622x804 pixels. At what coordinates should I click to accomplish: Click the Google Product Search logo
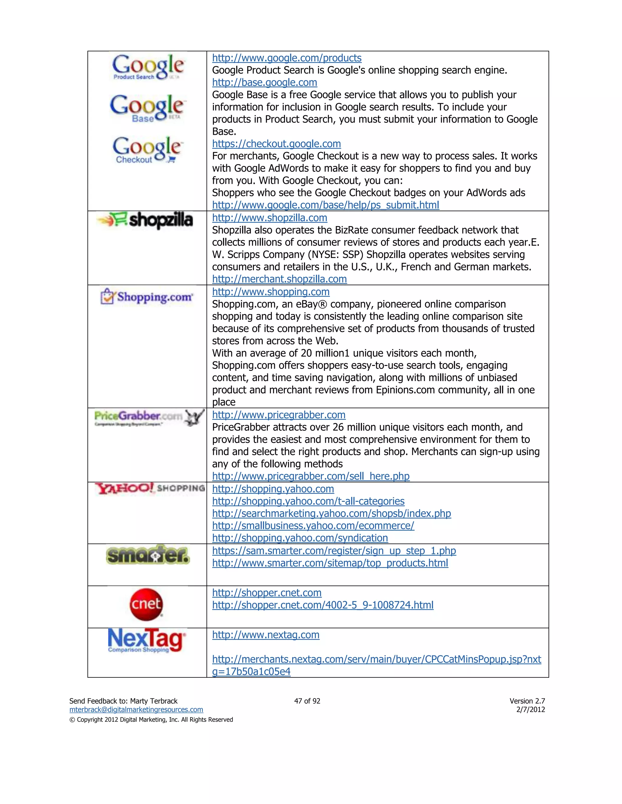pos(148,67)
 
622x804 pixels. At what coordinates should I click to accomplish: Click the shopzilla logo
pos(145,220)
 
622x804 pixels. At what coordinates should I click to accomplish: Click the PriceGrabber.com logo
pos(149,417)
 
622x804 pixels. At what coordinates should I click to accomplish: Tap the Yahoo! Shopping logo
pos(150,488)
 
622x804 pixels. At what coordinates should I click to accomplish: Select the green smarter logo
pos(148,555)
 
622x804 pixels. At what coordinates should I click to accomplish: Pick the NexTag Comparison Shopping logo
pos(147,640)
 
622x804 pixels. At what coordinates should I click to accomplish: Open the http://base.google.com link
pos(264,83)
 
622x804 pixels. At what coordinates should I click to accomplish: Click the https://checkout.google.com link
pos(276,144)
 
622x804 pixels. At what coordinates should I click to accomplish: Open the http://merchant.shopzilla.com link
pos(279,279)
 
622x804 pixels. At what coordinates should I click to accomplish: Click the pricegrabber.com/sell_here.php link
pos(311,476)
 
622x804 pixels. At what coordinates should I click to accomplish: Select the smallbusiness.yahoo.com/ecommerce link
pos(313,526)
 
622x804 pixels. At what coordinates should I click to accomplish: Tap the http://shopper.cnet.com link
pos(267,593)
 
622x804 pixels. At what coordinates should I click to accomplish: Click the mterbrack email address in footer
pos(136,709)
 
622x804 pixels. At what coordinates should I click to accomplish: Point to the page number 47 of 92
pos(307,701)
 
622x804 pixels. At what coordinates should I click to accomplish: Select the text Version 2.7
pos(527,701)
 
